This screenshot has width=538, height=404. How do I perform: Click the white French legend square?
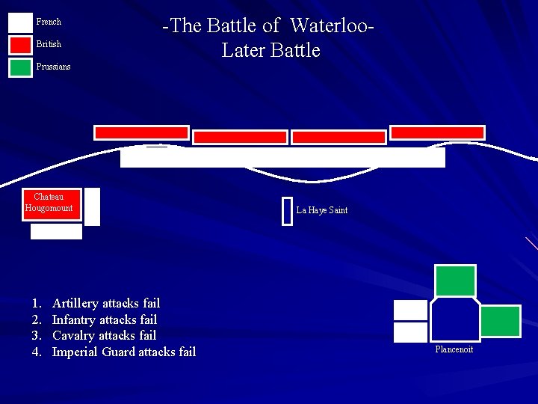(20, 22)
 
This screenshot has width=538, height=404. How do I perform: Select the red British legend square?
(20, 45)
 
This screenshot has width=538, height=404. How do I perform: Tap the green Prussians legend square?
(20, 67)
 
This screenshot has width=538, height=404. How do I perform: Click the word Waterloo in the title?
(329, 26)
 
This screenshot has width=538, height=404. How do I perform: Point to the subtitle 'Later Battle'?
(270, 51)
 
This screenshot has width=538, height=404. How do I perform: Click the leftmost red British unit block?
(141, 132)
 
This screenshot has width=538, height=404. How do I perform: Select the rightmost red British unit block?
(437, 132)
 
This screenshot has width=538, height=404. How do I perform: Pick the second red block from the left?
(240, 137)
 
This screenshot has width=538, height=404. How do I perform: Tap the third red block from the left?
(338, 137)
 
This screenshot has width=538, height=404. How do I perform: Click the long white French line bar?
(282, 157)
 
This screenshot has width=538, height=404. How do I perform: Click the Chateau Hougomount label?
(49, 203)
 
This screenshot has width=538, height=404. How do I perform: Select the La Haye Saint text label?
(321, 210)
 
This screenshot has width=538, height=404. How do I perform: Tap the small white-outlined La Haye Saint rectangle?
(287, 210)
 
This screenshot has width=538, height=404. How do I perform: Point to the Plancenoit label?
(454, 349)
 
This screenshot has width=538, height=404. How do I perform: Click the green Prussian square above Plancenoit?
(455, 281)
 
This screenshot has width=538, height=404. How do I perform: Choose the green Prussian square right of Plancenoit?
(500, 321)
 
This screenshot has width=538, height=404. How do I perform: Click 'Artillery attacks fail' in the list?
(106, 303)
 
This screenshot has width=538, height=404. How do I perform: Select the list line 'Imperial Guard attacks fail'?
(123, 352)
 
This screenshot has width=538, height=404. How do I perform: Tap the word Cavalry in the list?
(73, 335)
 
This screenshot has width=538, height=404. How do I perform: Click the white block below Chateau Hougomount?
(56, 232)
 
